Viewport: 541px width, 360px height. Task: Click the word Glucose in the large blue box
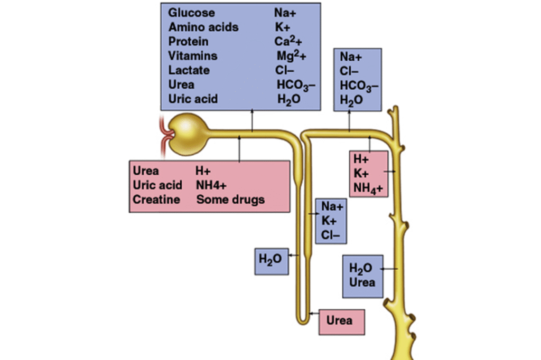pyautogui.click(x=192, y=13)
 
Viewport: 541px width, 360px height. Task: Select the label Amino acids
pyautogui.click(x=203, y=27)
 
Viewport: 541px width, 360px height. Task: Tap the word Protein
pyautogui.click(x=189, y=41)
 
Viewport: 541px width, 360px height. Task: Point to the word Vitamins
pyautogui.click(x=193, y=55)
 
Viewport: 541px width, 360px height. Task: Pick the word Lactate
pyautogui.click(x=189, y=70)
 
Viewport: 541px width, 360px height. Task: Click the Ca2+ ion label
pyautogui.click(x=290, y=41)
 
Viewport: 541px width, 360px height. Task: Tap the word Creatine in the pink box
pyautogui.click(x=156, y=200)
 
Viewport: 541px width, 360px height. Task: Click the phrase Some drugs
pyautogui.click(x=230, y=200)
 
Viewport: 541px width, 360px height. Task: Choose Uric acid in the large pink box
pyautogui.click(x=157, y=185)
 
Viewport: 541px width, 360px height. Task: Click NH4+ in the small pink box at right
pyautogui.click(x=368, y=188)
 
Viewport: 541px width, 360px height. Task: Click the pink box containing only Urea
pyautogui.click(x=342, y=320)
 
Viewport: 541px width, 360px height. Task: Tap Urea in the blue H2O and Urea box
pyautogui.click(x=362, y=282)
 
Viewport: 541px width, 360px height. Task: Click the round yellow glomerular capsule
pyautogui.click(x=190, y=131)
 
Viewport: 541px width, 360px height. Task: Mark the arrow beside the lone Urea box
pyautogui.click(x=314, y=314)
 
